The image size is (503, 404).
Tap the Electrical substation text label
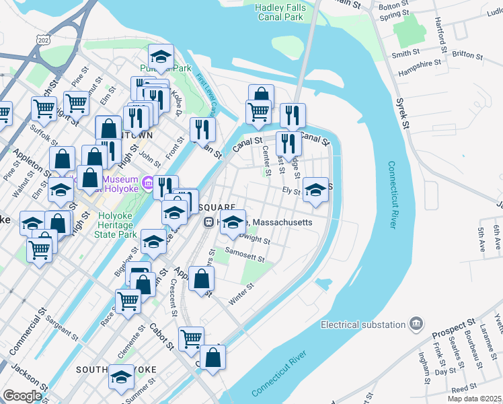[363, 325]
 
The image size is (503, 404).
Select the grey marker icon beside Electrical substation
[416, 325]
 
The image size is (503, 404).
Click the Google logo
[22, 396]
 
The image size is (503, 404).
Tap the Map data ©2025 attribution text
[473, 399]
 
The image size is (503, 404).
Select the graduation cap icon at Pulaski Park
[161, 56]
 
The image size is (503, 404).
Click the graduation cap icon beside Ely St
[315, 189]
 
